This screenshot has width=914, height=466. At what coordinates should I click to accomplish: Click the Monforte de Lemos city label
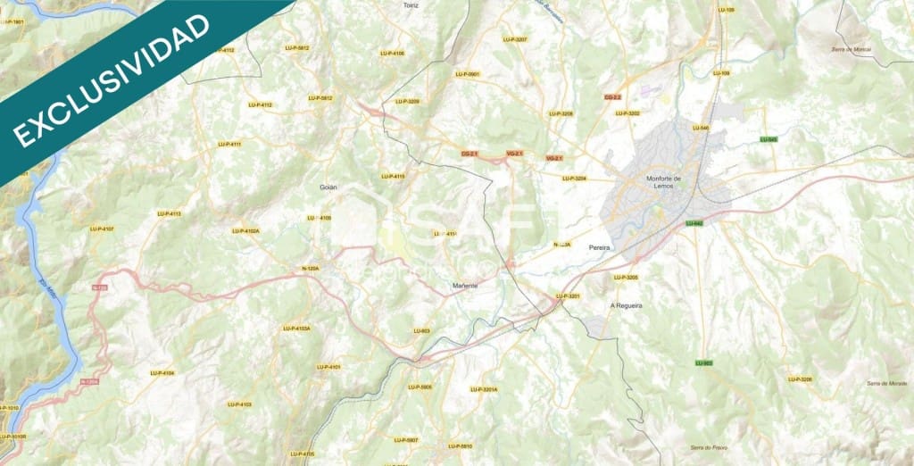coord(663,181)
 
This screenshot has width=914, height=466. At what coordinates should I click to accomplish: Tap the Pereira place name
coord(599,245)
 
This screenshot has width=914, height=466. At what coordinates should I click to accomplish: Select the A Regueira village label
coord(626,305)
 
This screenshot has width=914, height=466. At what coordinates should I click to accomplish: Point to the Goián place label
coord(328,187)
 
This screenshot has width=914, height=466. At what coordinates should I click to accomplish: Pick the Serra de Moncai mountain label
coord(850,49)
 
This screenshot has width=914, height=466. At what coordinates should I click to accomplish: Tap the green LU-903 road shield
coord(703,362)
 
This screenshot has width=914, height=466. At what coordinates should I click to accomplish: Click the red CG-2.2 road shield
coord(612,96)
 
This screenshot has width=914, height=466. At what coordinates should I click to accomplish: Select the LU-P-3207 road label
coord(515,39)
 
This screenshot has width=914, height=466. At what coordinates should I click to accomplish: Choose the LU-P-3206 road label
coord(800,379)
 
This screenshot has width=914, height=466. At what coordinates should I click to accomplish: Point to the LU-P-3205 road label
coord(626,278)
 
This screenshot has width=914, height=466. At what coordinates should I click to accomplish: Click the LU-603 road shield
coord(421,331)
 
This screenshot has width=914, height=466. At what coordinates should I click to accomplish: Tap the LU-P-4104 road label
coord(162,372)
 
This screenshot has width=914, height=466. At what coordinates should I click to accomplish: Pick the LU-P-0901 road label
coord(468,74)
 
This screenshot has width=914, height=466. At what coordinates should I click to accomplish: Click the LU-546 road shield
coord(700,128)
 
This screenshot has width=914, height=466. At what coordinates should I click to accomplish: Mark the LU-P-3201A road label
coord(484,389)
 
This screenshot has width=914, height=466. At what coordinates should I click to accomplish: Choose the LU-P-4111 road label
coord(229,144)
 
